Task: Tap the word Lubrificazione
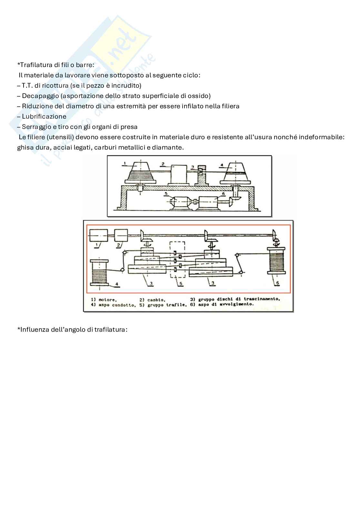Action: [44, 117]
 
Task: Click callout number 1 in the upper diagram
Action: [125, 163]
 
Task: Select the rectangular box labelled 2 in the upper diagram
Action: [178, 174]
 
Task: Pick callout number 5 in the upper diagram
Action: [166, 194]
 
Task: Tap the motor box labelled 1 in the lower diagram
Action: [98, 235]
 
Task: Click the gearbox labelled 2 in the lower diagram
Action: [121, 235]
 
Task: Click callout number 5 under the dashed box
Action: [181, 284]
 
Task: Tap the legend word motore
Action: [107, 300]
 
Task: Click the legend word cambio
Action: [156, 300]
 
